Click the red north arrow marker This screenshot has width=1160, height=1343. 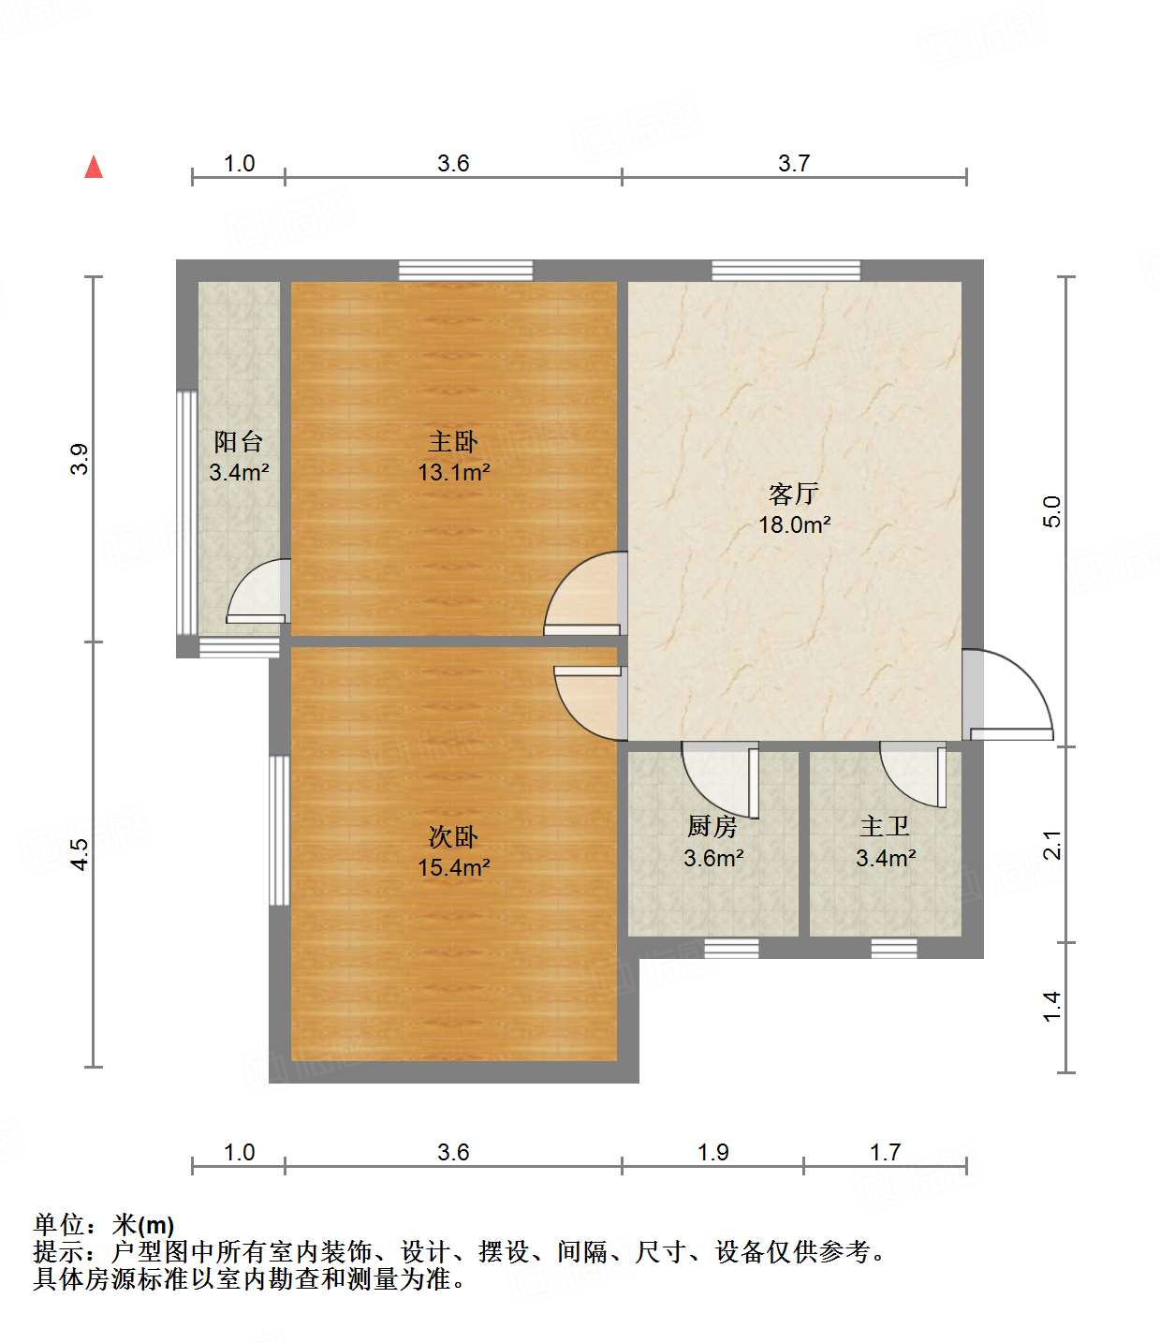coord(94,167)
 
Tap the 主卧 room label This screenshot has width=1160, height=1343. coord(453,441)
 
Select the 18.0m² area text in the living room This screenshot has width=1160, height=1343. coord(794,524)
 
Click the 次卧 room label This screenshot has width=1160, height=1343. coord(453,836)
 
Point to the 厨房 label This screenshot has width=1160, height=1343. coord(712,826)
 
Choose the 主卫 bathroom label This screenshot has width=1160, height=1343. coord(885,826)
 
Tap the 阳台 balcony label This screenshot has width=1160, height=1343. coord(239,441)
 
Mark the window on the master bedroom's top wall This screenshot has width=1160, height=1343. coord(465,270)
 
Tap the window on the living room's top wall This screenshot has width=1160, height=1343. coord(786,270)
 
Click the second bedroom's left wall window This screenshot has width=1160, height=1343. coord(278,830)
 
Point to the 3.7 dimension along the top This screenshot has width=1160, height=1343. coord(794,163)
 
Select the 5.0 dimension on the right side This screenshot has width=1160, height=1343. coord(1052,511)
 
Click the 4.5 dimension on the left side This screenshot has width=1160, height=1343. coord(81,854)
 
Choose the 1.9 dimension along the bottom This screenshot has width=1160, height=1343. coord(713,1152)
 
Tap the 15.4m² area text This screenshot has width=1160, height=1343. coord(453,868)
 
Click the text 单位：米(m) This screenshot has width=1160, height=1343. coord(104,1224)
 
